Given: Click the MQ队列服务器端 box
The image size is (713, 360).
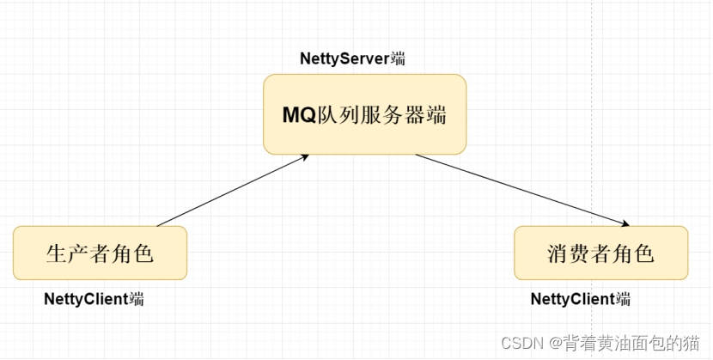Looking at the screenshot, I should click(364, 114).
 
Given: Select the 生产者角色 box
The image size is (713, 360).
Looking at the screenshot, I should click(100, 253).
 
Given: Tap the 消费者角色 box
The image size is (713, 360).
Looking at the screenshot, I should click(600, 253).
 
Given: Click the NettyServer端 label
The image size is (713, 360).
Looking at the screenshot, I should click(352, 59).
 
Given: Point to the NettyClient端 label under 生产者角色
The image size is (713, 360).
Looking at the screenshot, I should click(94, 299).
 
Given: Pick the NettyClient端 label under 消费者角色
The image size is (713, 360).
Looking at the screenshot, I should click(581, 299).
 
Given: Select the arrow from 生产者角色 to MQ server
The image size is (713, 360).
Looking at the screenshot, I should click(232, 190).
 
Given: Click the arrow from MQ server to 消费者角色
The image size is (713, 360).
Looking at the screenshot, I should click(524, 190).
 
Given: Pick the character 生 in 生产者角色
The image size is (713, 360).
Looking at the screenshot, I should click(56, 253).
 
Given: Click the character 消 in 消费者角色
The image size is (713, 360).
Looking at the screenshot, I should click(558, 253).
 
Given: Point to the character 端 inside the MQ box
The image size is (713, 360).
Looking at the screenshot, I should click(436, 115).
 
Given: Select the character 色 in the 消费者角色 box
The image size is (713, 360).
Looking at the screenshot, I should click(644, 253).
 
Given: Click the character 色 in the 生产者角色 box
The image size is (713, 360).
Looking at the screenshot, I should click(143, 253).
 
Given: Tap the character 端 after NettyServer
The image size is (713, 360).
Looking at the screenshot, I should click(398, 59).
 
